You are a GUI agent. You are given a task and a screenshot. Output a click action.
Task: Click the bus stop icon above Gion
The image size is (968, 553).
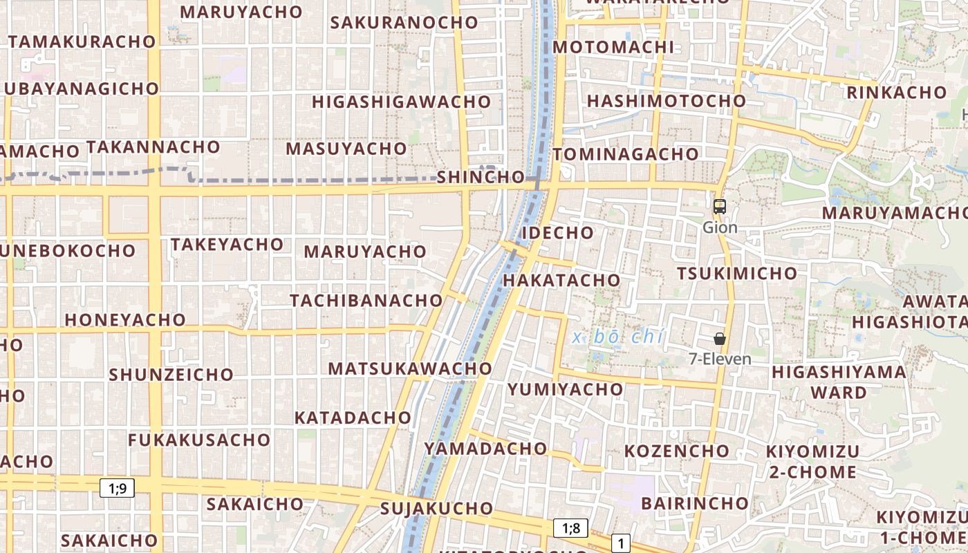pos(720,206)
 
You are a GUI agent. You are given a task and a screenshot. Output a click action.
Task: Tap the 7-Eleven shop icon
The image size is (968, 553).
pos(720,339)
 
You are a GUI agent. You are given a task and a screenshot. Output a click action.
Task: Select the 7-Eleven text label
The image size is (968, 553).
pos(720,359)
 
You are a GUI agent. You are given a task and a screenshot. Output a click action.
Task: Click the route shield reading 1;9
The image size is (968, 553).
pos(118,488)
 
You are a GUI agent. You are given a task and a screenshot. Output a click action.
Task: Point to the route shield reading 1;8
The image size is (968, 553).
pos(570,529)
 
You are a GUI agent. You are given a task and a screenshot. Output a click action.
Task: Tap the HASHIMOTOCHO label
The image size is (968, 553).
pos(667,101)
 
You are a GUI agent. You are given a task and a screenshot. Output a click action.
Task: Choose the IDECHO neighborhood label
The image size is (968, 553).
pos(557,232)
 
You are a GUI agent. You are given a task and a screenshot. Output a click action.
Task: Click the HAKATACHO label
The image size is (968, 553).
pos(561,280)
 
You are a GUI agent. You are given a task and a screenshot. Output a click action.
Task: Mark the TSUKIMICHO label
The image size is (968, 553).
pos(737,273)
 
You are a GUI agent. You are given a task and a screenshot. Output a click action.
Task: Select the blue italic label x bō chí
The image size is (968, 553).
pos(619,337)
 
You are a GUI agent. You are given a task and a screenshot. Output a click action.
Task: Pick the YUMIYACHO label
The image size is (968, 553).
pos(566,389)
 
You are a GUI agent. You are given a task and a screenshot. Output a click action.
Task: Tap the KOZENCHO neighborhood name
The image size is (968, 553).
pos(677,451)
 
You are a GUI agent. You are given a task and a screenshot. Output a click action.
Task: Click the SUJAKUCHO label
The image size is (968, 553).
pos(436,509)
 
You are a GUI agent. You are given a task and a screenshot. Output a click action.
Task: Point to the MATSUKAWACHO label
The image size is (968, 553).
pos(410,368)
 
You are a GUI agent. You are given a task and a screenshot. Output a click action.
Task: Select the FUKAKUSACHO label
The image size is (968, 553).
pos(199,440)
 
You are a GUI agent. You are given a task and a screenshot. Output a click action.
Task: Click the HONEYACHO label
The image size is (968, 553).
pos(125,319)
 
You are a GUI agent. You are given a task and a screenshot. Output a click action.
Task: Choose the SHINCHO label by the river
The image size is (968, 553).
pos(481,177)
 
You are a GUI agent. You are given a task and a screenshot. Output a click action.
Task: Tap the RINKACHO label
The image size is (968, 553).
pos(896,92)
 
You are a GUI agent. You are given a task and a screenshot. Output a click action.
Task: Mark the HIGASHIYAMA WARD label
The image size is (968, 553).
pos(839,382)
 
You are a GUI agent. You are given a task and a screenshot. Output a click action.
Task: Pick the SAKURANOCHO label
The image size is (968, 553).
pos(404,22)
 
